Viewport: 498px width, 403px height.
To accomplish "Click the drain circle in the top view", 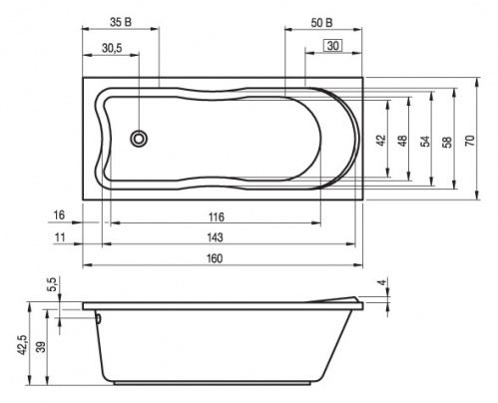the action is (x=139, y=139).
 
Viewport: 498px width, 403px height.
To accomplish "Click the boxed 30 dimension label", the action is (x=333, y=45).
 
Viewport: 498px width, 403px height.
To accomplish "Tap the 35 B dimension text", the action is (x=121, y=22).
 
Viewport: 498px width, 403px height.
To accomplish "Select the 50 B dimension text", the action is (x=321, y=23).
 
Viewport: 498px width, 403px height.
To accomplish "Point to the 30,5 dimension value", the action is (x=112, y=48).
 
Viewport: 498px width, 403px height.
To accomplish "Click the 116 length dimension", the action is (x=217, y=217).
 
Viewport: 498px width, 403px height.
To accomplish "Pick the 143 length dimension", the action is (x=215, y=237).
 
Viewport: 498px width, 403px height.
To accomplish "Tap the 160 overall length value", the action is (x=215, y=258).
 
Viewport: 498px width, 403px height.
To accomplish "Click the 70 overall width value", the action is (x=470, y=141).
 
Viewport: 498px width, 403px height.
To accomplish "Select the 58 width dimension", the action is (x=448, y=142).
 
